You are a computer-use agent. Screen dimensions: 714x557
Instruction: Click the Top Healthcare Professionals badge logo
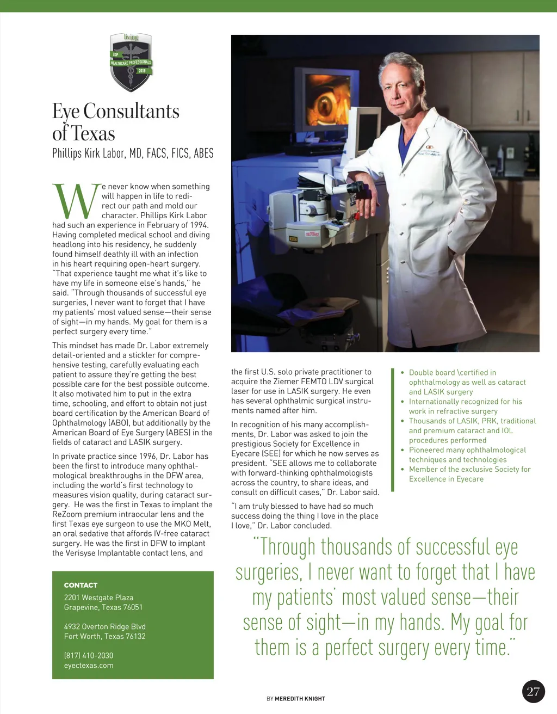131,62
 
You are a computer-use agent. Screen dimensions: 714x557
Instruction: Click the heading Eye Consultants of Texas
115,122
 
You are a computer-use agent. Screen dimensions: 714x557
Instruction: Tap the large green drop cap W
76,201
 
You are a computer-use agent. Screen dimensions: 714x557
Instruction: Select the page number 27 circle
533,691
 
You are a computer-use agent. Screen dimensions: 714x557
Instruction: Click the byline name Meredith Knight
300,699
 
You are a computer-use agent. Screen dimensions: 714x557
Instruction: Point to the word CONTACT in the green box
81,585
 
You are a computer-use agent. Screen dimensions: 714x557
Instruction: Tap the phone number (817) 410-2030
89,655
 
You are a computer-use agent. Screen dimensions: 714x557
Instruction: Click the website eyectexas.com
89,665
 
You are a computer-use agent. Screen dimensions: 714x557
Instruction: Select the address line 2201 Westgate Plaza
98,598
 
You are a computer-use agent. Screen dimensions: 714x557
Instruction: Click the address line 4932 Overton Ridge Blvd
104,626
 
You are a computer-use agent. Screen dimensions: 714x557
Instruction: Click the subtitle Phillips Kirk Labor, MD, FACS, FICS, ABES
133,153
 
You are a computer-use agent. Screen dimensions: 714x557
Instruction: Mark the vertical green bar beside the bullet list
392,430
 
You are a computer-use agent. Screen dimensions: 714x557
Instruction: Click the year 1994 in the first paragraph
199,225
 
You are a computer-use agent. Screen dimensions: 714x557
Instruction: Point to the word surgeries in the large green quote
268,573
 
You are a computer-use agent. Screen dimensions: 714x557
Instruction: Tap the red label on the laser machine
312,234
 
